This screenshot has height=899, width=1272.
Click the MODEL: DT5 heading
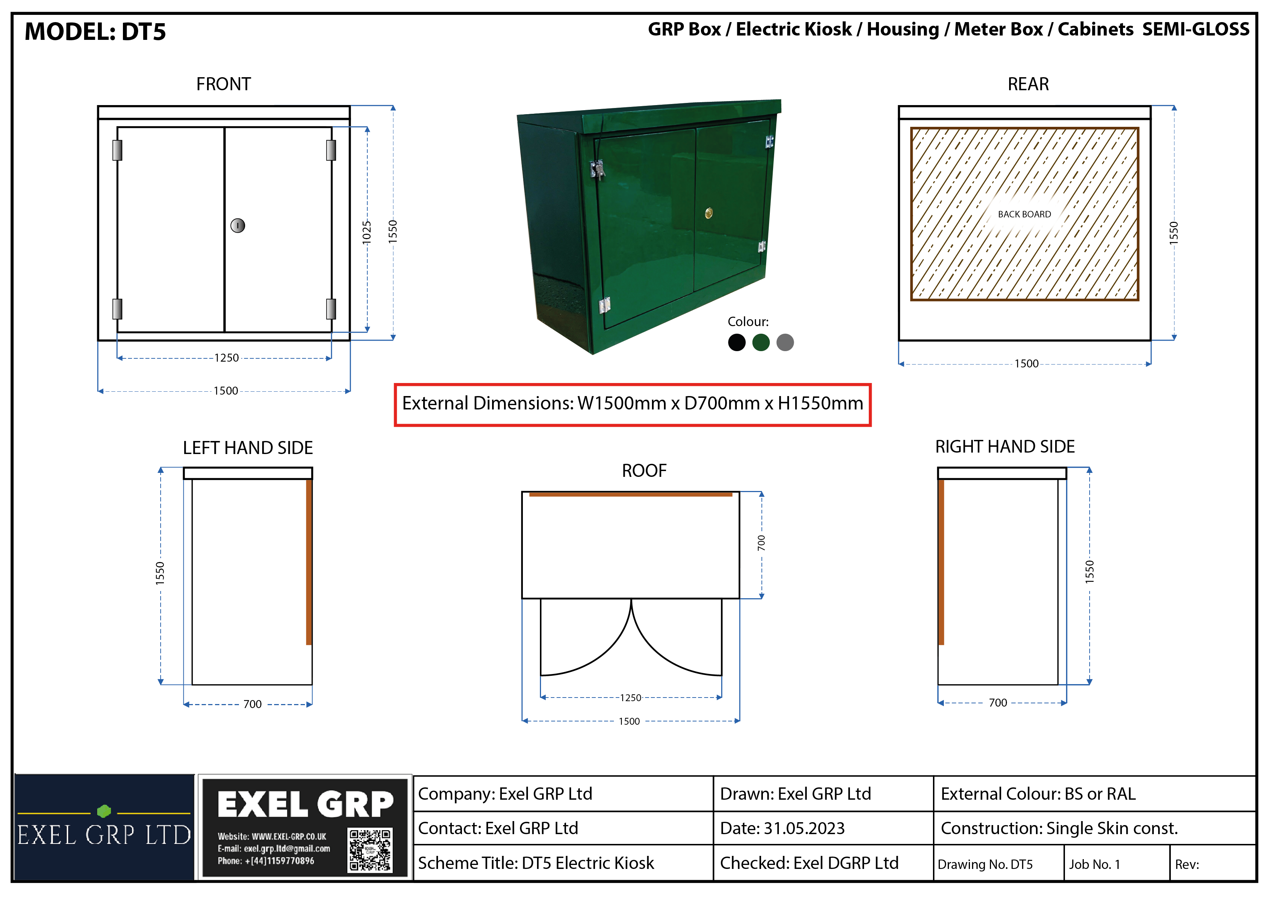tap(95, 32)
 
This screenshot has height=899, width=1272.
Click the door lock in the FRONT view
tap(238, 225)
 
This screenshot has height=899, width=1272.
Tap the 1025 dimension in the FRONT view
tap(367, 232)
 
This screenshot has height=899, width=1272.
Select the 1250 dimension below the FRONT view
tap(227, 358)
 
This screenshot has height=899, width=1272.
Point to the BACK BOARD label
tap(1024, 214)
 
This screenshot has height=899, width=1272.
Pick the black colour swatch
tap(737, 343)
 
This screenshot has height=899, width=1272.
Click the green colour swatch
tap(761, 343)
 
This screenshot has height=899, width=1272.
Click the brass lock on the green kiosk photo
tap(709, 213)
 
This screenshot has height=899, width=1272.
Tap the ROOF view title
tap(644, 471)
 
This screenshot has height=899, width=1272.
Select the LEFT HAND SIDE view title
tap(248, 448)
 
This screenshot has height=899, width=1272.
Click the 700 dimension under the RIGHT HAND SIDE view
tap(998, 703)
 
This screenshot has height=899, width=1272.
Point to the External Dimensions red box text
tap(633, 404)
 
